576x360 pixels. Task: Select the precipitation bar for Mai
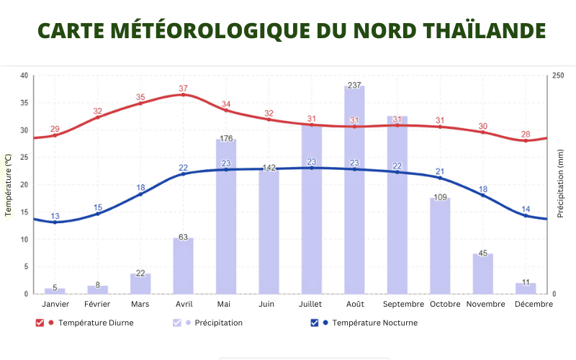point(226,216)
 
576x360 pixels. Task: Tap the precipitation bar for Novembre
point(482,274)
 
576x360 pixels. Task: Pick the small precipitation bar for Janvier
point(55,291)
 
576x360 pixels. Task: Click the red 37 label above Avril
point(183,89)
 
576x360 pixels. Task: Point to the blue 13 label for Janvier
point(55,216)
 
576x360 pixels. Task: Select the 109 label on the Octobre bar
point(440,197)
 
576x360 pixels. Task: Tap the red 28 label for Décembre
point(526,135)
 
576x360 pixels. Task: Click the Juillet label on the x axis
point(312,305)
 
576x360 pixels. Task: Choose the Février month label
point(98,305)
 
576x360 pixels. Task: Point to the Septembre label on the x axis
point(397,305)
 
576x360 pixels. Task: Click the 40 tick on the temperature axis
point(24,76)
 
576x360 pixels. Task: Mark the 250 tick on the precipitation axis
point(559,76)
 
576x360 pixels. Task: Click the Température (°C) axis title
point(9,185)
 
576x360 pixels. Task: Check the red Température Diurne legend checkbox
point(40,323)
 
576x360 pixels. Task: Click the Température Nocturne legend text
point(374,323)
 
